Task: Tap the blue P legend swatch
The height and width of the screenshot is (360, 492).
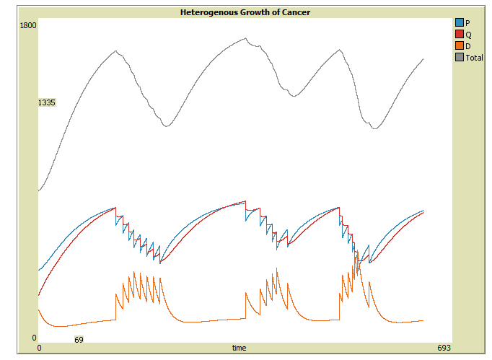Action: [x=460, y=22]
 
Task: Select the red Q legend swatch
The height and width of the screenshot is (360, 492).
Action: [x=460, y=34]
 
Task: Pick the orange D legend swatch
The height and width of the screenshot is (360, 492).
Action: [x=460, y=45]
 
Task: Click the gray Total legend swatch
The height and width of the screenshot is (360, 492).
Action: [x=460, y=57]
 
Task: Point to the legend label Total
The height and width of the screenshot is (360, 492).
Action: [x=475, y=58]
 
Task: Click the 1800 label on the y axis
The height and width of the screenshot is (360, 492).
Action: [x=28, y=25]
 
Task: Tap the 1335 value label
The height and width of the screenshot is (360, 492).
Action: [x=47, y=103]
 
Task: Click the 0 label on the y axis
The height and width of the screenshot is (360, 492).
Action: [x=34, y=338]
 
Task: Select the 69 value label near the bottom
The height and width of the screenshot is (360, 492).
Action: [x=79, y=339]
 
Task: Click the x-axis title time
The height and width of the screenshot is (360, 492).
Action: [x=239, y=348]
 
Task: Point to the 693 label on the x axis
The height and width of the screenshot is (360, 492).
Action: [x=444, y=348]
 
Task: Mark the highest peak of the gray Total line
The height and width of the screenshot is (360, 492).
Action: [x=245, y=38]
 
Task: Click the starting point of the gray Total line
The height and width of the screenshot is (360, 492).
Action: [x=39, y=191]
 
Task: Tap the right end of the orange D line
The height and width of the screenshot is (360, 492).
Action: [x=423, y=320]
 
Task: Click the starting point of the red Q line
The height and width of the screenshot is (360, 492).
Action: [x=39, y=296]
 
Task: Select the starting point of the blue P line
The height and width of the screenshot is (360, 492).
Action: [x=39, y=271]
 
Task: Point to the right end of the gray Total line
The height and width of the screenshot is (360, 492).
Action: [x=423, y=58]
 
